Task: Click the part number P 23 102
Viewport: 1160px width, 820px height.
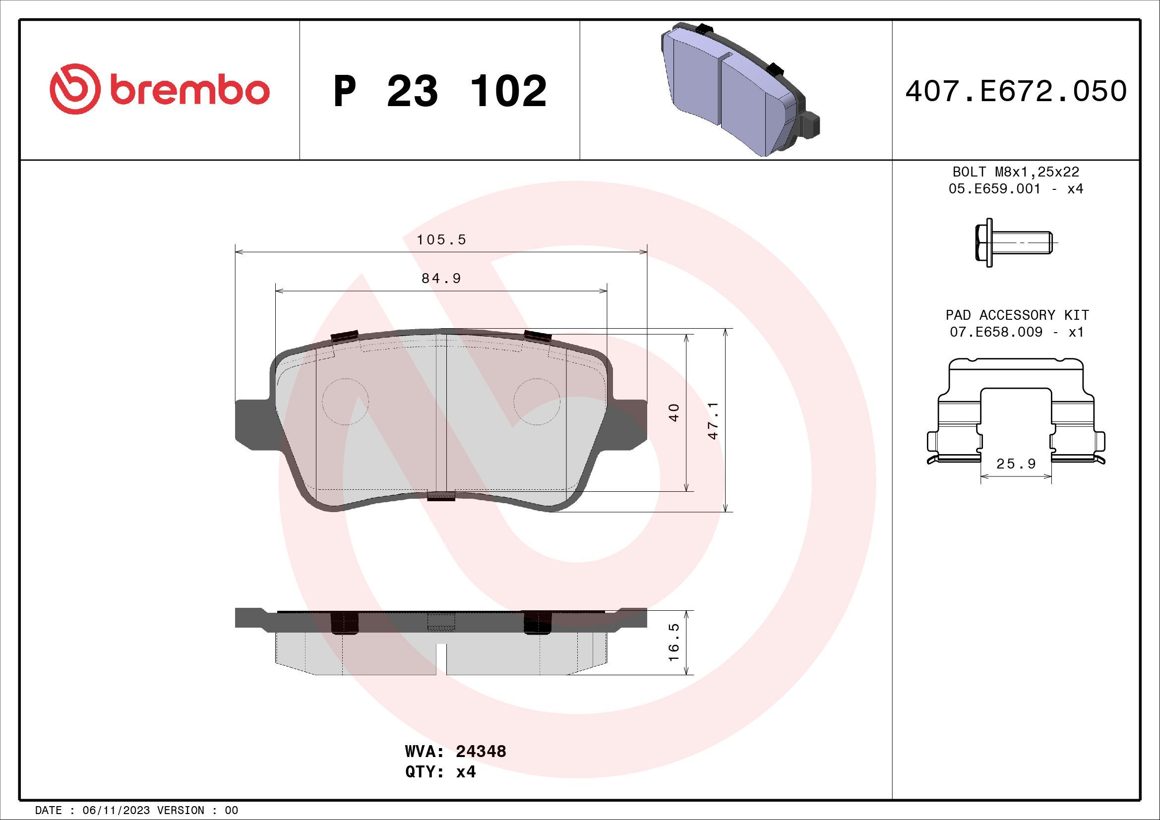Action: (x=439, y=91)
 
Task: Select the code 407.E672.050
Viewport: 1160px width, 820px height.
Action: (x=1016, y=91)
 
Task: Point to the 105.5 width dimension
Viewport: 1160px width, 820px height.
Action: (x=441, y=240)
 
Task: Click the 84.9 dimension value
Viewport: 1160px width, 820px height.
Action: (x=441, y=279)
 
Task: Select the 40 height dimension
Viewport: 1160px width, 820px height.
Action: (x=674, y=412)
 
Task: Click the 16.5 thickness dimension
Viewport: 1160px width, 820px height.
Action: (x=674, y=642)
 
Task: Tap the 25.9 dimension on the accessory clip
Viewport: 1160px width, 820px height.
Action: (x=1016, y=464)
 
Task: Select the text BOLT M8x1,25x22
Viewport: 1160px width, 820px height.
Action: (x=1016, y=172)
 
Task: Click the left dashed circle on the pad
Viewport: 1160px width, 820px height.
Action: (x=346, y=401)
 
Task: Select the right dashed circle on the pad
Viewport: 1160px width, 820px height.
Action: (x=537, y=401)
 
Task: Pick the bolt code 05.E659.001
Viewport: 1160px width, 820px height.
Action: (x=994, y=189)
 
